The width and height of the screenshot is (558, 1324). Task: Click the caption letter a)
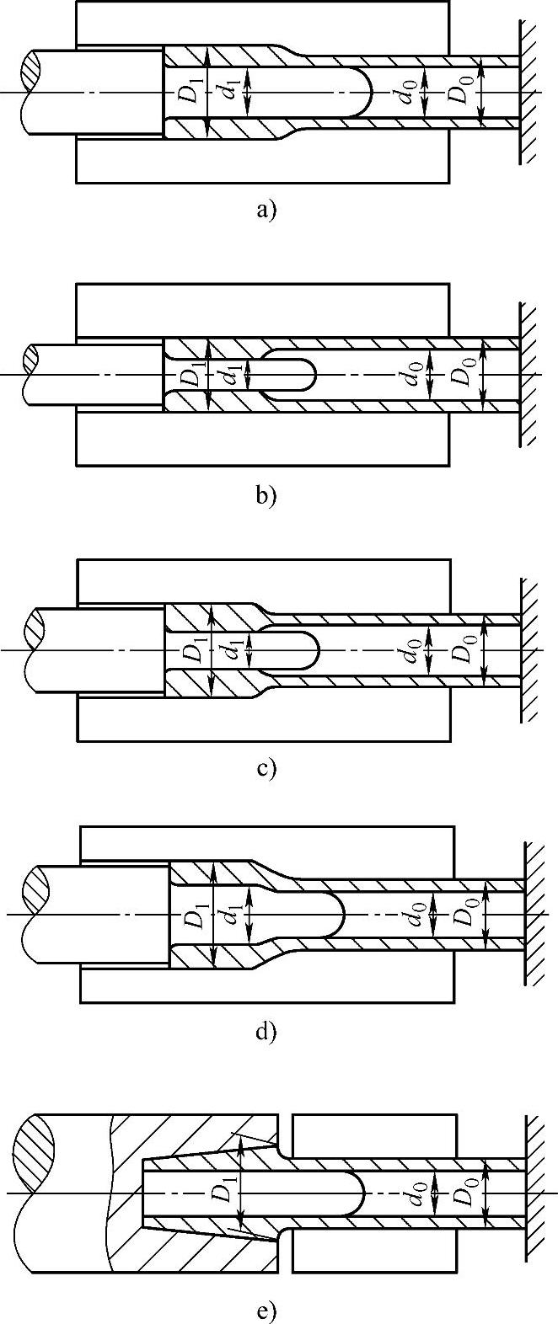coord(266,210)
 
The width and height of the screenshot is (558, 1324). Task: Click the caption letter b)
coord(266,494)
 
